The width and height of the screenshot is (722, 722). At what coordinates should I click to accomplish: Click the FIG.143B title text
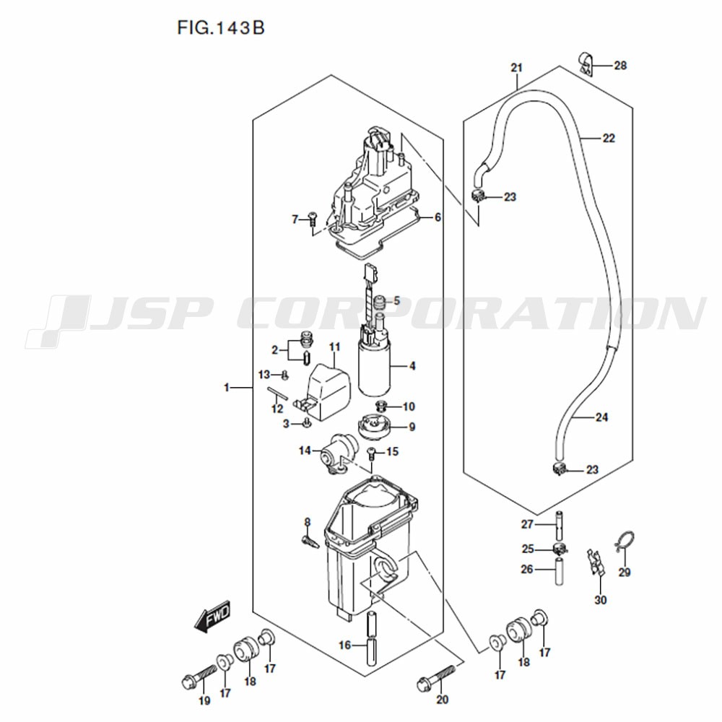pos(220,28)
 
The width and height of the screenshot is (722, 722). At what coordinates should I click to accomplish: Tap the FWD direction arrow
pos(212,616)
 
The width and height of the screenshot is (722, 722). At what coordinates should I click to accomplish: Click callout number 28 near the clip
pos(620,66)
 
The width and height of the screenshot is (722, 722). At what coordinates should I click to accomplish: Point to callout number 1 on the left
pos(227,388)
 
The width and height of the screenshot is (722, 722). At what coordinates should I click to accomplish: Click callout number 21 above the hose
pos(517,68)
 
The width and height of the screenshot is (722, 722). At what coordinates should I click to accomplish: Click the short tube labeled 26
pos(559,571)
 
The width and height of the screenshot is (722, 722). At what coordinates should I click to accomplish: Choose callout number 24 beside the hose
pos(601,417)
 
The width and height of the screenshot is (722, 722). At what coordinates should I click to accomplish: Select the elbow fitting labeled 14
pos(339,453)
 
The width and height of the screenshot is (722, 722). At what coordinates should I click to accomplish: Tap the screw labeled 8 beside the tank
pos(310,539)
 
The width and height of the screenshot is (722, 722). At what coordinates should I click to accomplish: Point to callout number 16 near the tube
pos(345,645)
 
